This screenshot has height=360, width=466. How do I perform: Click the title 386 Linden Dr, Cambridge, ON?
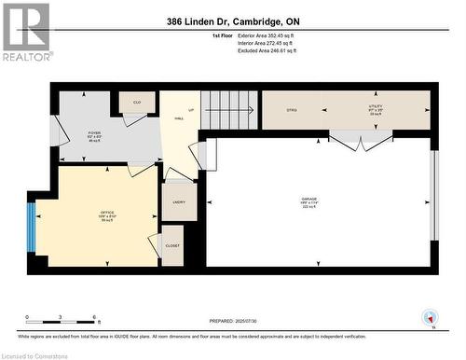[232, 21]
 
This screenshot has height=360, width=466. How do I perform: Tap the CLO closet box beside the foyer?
[135, 103]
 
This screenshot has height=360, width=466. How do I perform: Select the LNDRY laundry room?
[178, 201]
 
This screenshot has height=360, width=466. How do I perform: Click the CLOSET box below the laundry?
[172, 245]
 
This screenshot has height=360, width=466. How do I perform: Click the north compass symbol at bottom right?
[430, 318]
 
